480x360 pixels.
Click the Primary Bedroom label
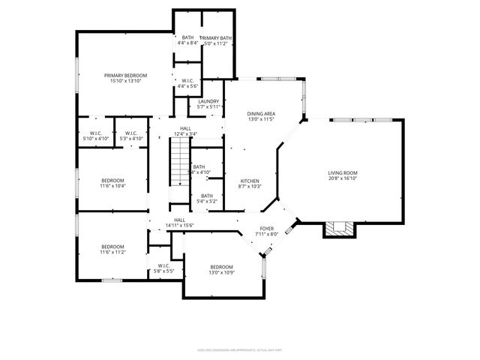[125, 76]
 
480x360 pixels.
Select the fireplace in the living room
[337, 229]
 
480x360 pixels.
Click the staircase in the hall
[179, 164]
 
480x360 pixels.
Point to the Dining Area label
[261, 114]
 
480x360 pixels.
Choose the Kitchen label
[250, 181]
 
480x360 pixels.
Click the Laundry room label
[208, 101]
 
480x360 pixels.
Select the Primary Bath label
[216, 38]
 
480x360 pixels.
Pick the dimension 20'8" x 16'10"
[342, 178]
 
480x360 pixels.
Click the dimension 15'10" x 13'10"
[125, 81]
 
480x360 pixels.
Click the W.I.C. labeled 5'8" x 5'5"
[163, 268]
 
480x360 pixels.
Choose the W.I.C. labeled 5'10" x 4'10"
[94, 136]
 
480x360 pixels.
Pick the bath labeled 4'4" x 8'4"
[187, 40]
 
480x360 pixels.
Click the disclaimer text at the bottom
[239, 349]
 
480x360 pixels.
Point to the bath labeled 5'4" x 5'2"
[206, 198]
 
